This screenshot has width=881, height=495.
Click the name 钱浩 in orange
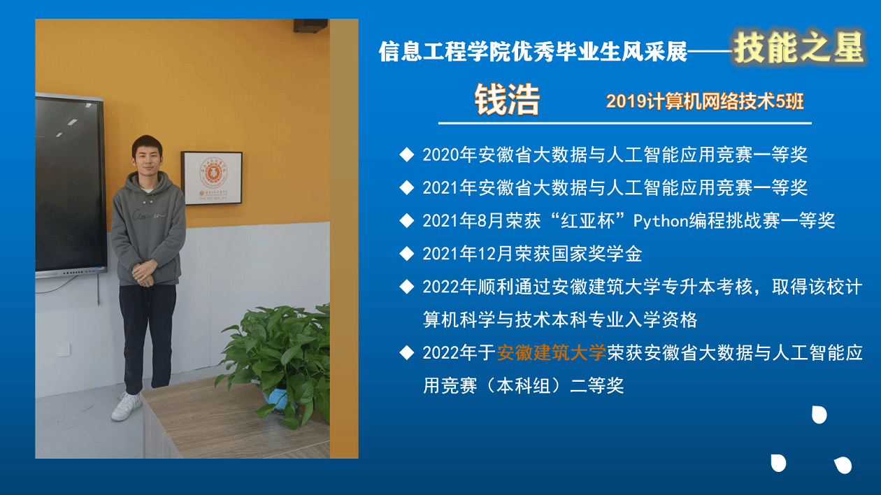click(x=507, y=99)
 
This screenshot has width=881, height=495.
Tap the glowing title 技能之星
click(x=798, y=48)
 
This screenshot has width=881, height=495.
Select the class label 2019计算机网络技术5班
click(x=705, y=101)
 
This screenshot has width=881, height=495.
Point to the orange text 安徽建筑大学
click(x=552, y=352)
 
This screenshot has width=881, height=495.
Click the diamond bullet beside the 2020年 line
click(x=407, y=155)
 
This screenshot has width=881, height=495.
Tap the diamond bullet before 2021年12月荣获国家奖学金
click(x=407, y=254)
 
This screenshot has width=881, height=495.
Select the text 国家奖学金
click(x=596, y=254)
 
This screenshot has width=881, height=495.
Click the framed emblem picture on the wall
click(x=212, y=178)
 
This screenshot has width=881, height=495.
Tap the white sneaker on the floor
click(x=127, y=406)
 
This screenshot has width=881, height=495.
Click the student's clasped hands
click(x=143, y=273)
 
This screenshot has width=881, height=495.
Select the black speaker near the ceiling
click(x=310, y=26)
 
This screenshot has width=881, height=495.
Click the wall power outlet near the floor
click(x=63, y=349)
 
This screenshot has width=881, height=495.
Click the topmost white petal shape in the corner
click(x=819, y=415)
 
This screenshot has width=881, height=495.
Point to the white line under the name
click(x=625, y=123)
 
